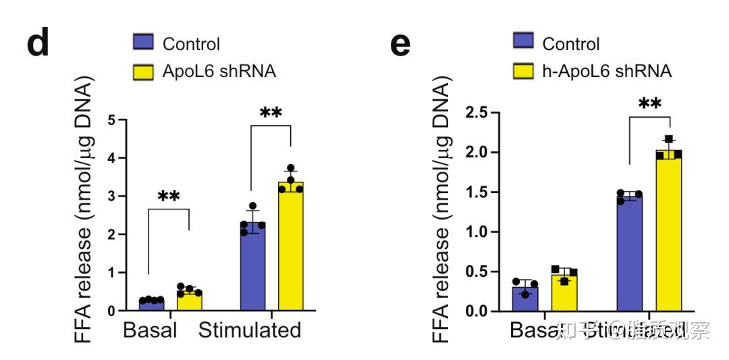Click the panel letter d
pyautogui.click(x=38, y=43)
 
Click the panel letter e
pyautogui.click(x=400, y=44)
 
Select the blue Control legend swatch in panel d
pyautogui.click(x=143, y=44)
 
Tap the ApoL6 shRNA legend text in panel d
pyautogui.click(x=219, y=71)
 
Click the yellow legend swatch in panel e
pyautogui.click(x=523, y=70)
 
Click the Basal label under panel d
pyautogui.click(x=150, y=330)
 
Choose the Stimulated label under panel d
pyautogui.click(x=249, y=330)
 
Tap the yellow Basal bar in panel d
pyautogui.click(x=190, y=301)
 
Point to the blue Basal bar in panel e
pyautogui.click(x=524, y=299)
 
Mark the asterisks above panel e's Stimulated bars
pyautogui.click(x=649, y=104)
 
